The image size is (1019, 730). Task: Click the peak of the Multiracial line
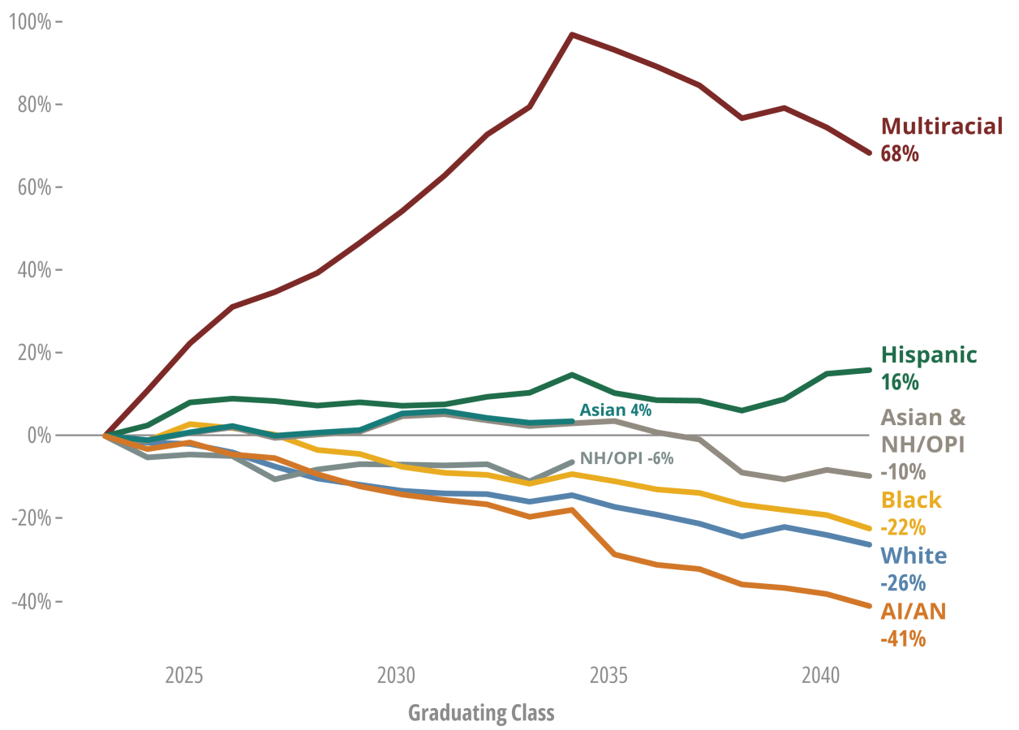[x=572, y=35]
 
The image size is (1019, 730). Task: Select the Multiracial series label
[x=942, y=127]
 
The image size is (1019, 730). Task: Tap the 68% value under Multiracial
[x=900, y=154]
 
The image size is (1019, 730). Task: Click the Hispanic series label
[x=929, y=355]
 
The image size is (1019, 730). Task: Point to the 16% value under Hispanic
[x=900, y=382]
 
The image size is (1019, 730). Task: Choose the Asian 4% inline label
[x=615, y=410]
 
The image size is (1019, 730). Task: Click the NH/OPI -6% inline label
[x=626, y=458]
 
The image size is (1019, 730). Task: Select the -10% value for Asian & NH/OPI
[x=902, y=472]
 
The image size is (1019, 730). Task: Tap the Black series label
[x=911, y=500]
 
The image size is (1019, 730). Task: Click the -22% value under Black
[x=903, y=528]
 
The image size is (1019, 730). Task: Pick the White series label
[x=914, y=556]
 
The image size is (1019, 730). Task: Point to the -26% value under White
[x=903, y=583]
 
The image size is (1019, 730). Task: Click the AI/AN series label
[x=914, y=611]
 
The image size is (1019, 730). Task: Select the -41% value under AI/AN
[x=903, y=639]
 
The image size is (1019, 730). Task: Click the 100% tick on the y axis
[x=30, y=22]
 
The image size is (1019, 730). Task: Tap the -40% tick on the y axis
[x=30, y=602]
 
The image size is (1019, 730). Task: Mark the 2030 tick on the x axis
[x=396, y=676]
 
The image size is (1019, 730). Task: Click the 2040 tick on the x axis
[x=820, y=676]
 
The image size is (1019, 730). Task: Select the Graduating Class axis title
[x=481, y=714]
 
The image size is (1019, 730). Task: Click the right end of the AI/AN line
[x=870, y=606]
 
